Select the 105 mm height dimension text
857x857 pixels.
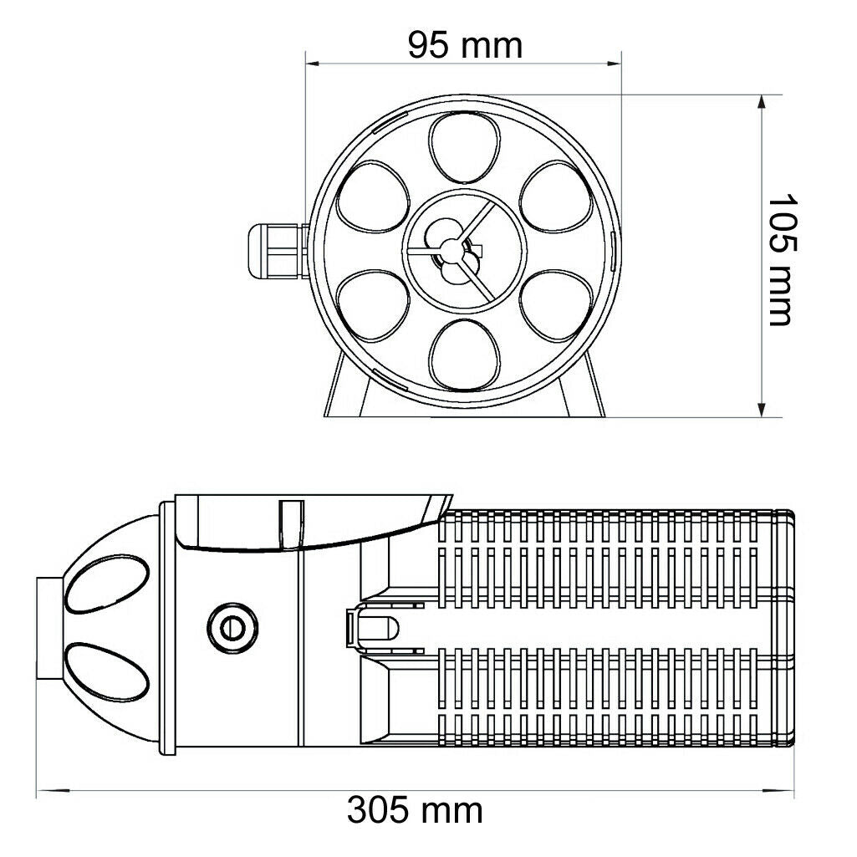[x=779, y=260]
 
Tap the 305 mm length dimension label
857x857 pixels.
[x=415, y=809]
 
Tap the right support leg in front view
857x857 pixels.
[x=584, y=390]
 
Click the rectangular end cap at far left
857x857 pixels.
[x=48, y=626]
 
